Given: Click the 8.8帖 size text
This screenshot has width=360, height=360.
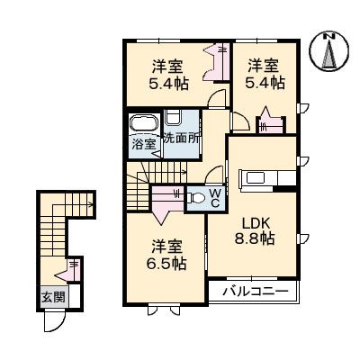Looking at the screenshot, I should [x=253, y=239].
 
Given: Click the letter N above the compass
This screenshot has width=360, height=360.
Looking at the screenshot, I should [x=328, y=34].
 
